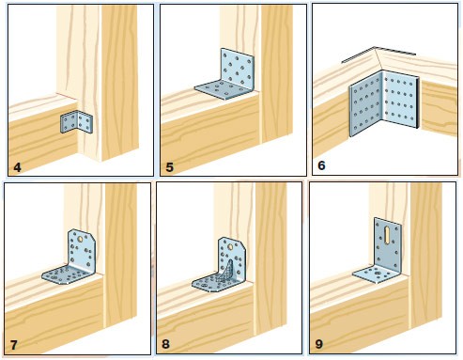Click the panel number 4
(x=17, y=167)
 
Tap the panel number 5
(x=169, y=167)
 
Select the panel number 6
(x=321, y=165)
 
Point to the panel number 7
(x=14, y=345)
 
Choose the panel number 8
(x=165, y=344)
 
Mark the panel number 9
(x=319, y=344)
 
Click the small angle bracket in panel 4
(x=76, y=122)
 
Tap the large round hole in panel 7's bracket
(x=81, y=239)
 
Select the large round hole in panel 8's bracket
(x=231, y=246)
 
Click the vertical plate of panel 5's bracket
(x=237, y=70)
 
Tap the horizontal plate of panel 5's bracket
(x=223, y=89)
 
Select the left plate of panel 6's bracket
(x=365, y=103)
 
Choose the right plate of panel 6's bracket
(x=400, y=100)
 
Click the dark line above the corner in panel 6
(x=378, y=54)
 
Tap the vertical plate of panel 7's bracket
(x=82, y=249)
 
